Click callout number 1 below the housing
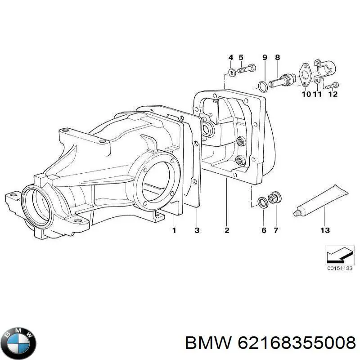[x=174, y=230]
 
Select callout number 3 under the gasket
[x=197, y=230]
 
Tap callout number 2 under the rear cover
[x=227, y=230]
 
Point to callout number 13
[x=324, y=230]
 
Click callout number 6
[x=264, y=230]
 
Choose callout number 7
[x=275, y=230]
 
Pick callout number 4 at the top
[x=231, y=58]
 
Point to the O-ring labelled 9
[x=262, y=85]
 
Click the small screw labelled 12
[x=333, y=84]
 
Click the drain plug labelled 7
[x=274, y=198]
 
